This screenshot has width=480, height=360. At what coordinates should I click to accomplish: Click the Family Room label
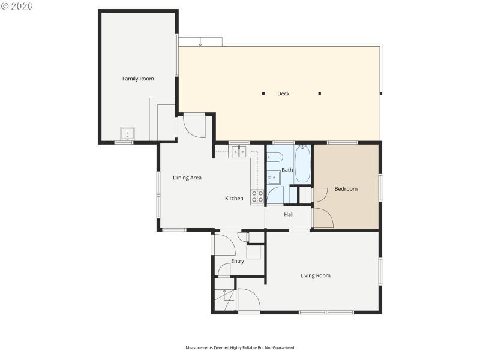[x=138, y=79]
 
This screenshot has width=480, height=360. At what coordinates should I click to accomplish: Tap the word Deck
[x=283, y=94]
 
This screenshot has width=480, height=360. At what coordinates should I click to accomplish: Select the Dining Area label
[x=187, y=178]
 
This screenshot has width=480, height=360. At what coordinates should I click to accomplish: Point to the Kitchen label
[x=234, y=199]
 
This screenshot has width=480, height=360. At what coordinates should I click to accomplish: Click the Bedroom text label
[x=346, y=189]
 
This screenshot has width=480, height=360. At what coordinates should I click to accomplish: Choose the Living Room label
[x=316, y=276]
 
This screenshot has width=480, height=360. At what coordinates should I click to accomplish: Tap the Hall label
[x=289, y=214]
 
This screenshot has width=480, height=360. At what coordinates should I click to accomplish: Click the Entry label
[x=238, y=261]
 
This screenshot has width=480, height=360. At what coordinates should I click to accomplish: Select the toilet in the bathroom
[x=275, y=158]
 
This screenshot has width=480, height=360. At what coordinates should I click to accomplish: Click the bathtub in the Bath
[x=302, y=164]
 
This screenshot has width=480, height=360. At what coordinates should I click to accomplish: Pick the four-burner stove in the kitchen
[x=257, y=196]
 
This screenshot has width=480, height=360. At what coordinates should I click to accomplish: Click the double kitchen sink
[x=239, y=152]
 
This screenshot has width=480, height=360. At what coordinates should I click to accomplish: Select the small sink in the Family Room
[x=127, y=134]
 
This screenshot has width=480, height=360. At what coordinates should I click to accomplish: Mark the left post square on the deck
[x=263, y=94]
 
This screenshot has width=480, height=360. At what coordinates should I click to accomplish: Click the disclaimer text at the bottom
[x=240, y=347]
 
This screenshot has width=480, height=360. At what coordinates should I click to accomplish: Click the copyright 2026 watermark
[x=17, y=6]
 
